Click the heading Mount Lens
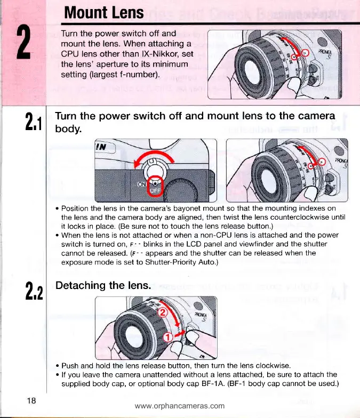coord(103,12)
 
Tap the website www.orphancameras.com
coord(180,406)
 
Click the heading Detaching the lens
coord(103,286)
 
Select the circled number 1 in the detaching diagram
coord(167,337)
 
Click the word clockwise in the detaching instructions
coord(275,366)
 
